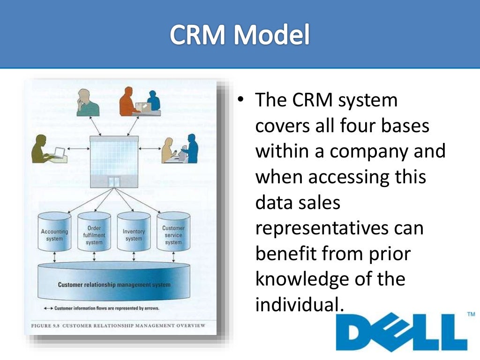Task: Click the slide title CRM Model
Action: click(x=240, y=36)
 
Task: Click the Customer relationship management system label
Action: click(x=114, y=285)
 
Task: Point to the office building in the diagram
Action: click(x=114, y=159)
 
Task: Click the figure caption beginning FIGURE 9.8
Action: click(x=118, y=325)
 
